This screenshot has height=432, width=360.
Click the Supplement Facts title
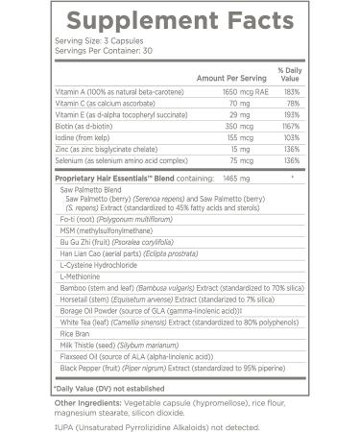(x=179, y=20)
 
